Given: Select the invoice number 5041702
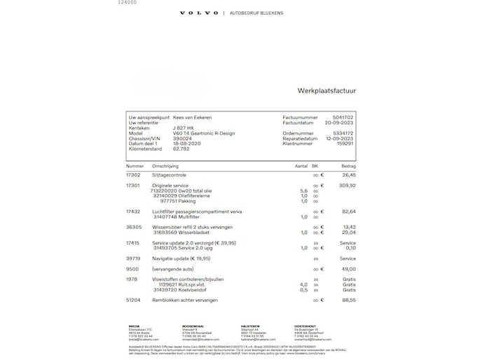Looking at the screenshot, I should pos(343,117).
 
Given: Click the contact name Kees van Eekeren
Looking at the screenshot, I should pos(192,117).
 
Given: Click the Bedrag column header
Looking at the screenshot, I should pos(348,166).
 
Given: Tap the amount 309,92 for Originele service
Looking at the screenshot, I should pos(348,186).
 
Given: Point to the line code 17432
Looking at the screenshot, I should pos(133,211).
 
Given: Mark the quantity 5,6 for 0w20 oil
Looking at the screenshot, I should pos(304,191).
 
